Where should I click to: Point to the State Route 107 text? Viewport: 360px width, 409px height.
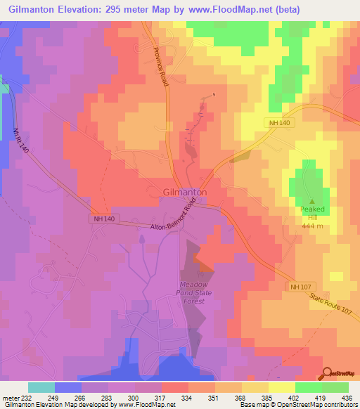(331, 311)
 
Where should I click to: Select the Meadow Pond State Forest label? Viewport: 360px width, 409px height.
(188, 293)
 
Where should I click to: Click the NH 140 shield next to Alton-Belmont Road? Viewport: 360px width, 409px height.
(102, 219)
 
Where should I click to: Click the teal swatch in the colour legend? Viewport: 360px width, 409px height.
(41, 387)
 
